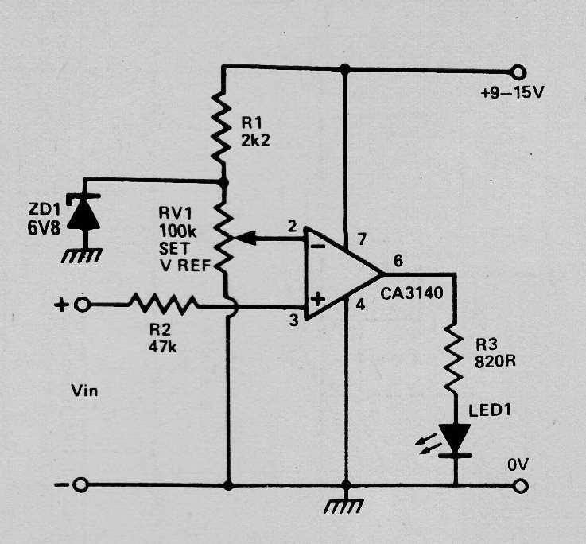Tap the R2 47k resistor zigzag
pyautogui.click(x=163, y=304)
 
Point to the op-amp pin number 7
pyautogui.click(x=362, y=239)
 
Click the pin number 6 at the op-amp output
pyautogui.click(x=398, y=261)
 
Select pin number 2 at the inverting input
pyautogui.click(x=293, y=226)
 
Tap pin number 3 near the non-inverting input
pyautogui.click(x=294, y=320)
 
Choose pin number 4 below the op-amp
pyautogui.click(x=360, y=305)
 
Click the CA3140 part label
pyautogui.click(x=412, y=293)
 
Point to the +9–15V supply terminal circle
pyautogui.click(x=518, y=72)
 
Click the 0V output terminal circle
pyautogui.click(x=520, y=486)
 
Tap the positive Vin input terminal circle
pyautogui.click(x=82, y=305)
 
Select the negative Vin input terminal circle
pyautogui.click(x=80, y=485)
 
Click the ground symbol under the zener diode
pyautogui.click(x=81, y=255)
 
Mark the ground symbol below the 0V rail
pyautogui.click(x=343, y=506)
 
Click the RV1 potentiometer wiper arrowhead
pyautogui.click(x=245, y=238)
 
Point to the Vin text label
pyautogui.click(x=84, y=391)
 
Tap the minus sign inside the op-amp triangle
pyautogui.click(x=317, y=246)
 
